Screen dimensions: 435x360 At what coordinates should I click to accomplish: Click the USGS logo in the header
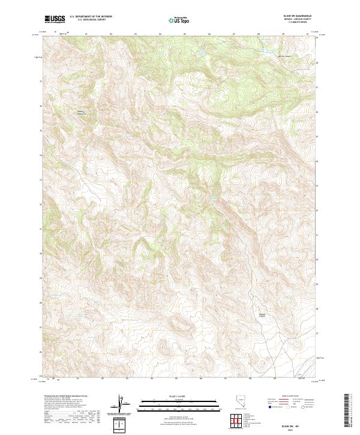55,19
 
